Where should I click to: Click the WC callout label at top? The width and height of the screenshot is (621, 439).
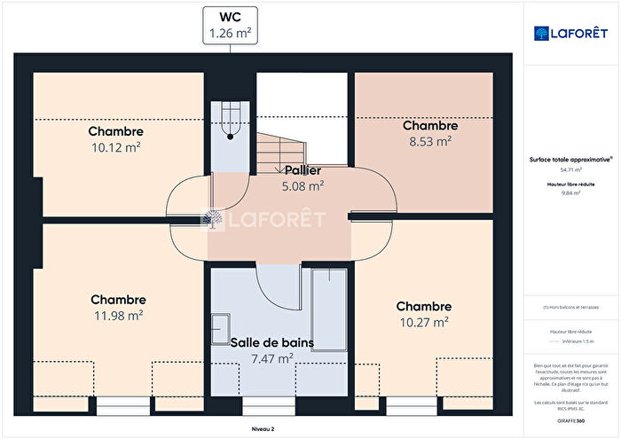230,25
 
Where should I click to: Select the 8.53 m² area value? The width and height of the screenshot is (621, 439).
429,140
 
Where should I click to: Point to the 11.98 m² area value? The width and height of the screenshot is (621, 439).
117,315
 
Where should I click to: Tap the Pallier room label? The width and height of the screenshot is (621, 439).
303,170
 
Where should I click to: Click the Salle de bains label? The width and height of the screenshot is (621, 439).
272,342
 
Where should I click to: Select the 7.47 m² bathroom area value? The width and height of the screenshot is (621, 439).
272,358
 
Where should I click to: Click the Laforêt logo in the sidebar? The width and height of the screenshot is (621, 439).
570,33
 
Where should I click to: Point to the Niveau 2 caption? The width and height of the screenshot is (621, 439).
262,428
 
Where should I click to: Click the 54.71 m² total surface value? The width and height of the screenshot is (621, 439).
570,169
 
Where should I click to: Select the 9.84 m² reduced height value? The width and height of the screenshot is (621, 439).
570,192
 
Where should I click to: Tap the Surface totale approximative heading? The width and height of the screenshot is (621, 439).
570,159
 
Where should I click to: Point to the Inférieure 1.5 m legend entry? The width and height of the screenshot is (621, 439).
578,341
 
